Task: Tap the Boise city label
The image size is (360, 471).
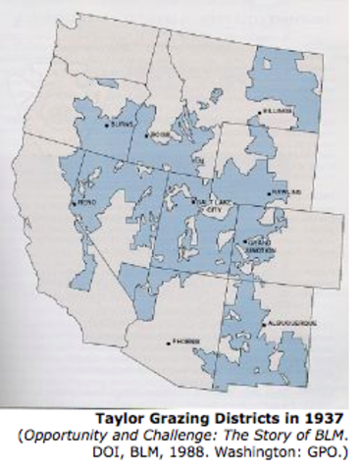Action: click(162, 134)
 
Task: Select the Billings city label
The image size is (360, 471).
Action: click(278, 113)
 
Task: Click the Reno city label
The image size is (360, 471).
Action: click(85, 203)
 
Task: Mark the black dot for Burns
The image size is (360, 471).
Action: click(107, 126)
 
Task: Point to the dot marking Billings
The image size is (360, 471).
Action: click(260, 113)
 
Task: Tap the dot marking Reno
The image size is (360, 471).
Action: click(73, 203)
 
